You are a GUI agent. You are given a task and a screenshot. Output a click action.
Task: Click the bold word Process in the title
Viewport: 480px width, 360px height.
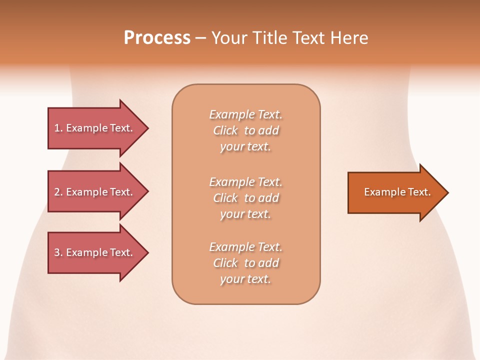(x=157, y=38)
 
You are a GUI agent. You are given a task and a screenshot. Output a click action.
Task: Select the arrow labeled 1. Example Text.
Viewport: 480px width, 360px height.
(x=95, y=128)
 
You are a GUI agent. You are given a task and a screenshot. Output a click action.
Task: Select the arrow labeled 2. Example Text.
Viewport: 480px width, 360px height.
(x=95, y=192)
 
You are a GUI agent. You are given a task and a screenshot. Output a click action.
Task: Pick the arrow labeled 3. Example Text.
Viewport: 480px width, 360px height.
(x=95, y=252)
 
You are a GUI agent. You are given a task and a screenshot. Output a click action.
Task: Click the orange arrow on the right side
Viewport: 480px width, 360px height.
(x=395, y=192)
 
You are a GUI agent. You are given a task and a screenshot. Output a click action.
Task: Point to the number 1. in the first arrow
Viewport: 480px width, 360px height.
(x=58, y=128)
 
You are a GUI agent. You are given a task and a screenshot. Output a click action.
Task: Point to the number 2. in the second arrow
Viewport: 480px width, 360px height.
(x=58, y=192)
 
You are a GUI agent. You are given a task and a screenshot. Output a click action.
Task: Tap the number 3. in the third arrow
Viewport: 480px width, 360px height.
(x=58, y=252)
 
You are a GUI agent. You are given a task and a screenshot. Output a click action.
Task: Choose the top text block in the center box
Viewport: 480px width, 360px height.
(x=246, y=130)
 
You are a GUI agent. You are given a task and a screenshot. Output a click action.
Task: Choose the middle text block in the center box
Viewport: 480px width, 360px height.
(x=246, y=198)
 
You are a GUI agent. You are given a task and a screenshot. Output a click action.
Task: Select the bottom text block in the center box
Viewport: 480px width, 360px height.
(x=246, y=263)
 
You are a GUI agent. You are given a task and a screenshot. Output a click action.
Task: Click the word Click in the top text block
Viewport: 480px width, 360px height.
(x=225, y=130)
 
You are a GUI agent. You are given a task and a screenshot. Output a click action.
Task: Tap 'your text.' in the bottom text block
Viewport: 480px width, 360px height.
(x=245, y=279)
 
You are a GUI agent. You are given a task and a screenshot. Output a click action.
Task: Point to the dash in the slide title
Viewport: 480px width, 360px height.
(x=200, y=38)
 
